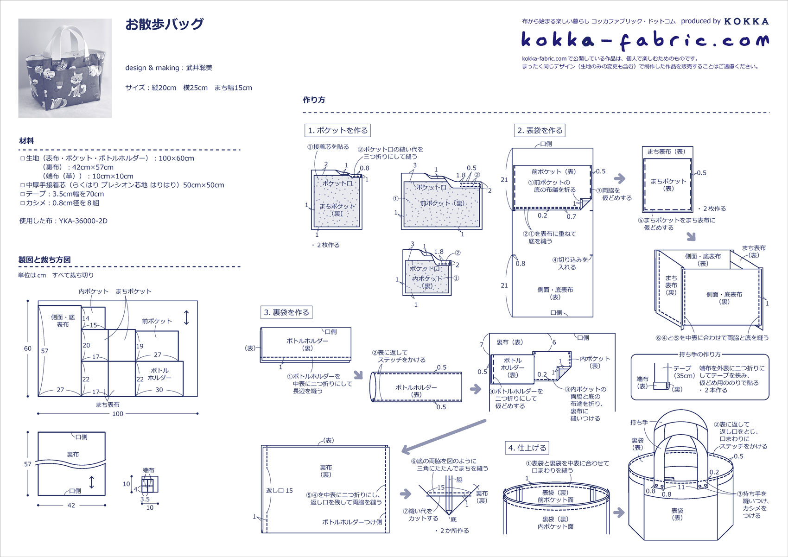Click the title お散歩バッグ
tap(165, 24)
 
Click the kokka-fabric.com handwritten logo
tap(645, 41)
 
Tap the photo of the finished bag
tap(65, 68)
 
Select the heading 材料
tap(26, 141)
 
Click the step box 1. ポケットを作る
tap(338, 131)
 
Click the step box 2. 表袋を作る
tap(540, 131)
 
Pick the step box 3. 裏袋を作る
tap(286, 312)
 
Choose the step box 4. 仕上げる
tap(527, 448)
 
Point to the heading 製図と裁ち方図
tap(44, 260)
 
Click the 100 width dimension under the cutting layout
tap(118, 414)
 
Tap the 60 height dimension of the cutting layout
tap(28, 348)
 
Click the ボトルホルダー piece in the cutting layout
tap(159, 374)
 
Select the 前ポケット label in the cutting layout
tap(157, 321)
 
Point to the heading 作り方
tap(314, 100)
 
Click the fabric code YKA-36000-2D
tap(83, 221)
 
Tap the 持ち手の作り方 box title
tap(699, 354)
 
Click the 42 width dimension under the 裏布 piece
tap(71, 506)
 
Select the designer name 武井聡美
tap(199, 68)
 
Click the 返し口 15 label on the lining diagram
tap(279, 490)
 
